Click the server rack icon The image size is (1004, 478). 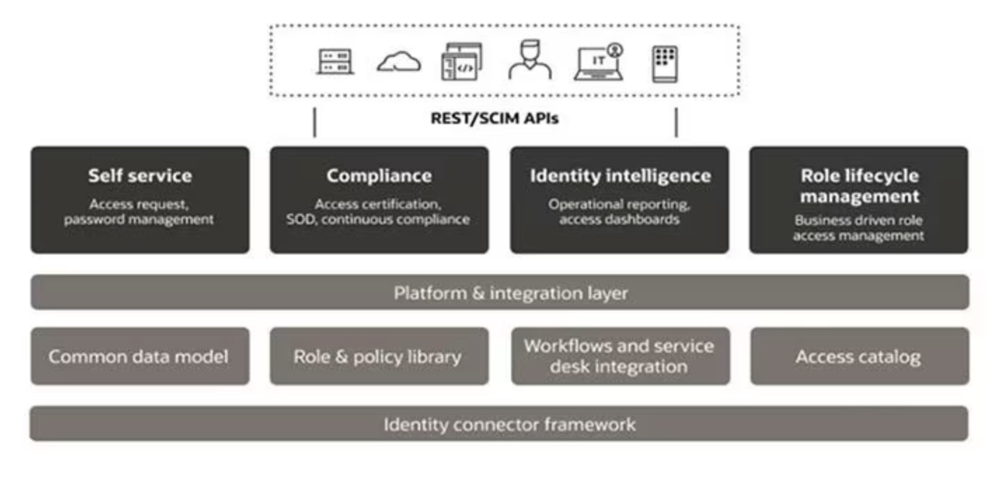coord(335,62)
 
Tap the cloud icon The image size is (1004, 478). coord(398,63)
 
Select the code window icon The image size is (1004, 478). coord(461,62)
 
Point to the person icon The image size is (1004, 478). coord(529,60)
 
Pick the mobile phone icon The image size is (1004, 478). coord(664,64)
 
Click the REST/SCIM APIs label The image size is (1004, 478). coord(494,118)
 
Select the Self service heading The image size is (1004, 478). coord(140,175)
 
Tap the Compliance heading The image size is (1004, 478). coord(379,175)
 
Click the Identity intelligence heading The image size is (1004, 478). coord(620,175)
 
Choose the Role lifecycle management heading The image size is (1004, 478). coord(859,185)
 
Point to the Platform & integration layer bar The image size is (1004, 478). coord(499,292)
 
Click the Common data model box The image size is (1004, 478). coord(140,356)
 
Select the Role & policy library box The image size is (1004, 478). coord(379,356)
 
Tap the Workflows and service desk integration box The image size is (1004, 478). coord(620,356)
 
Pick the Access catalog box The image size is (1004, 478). coord(859,356)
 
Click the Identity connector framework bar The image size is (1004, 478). coord(499,424)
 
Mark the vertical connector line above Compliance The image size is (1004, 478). coord(314,122)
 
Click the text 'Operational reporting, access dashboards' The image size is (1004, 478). coord(620,212)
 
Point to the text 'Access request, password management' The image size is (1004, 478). coord(140,212)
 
